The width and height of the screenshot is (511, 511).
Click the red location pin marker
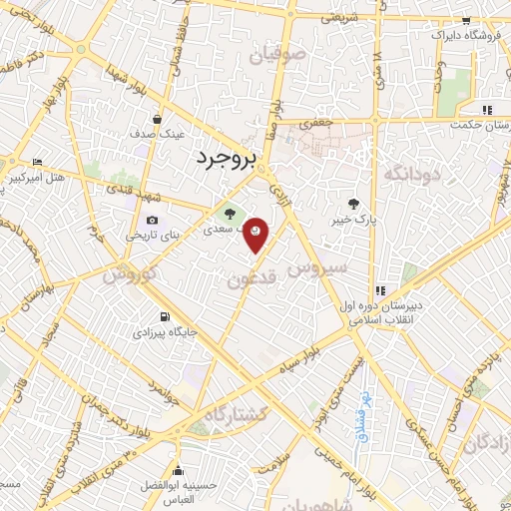(x=256, y=234)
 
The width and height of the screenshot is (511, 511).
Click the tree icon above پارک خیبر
(x=350, y=203)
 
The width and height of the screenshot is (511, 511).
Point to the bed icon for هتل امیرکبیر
(x=37, y=163)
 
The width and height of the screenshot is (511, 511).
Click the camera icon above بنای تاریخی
(x=152, y=221)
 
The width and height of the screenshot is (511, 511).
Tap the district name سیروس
(x=315, y=268)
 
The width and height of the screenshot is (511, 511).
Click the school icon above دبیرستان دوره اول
(x=377, y=262)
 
